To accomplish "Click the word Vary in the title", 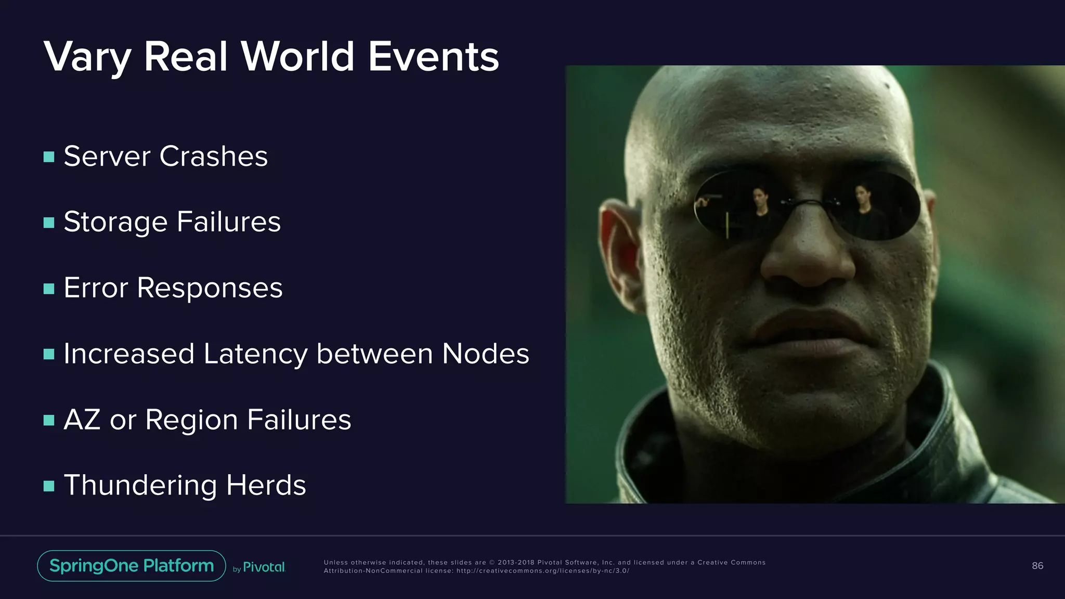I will tap(87, 57).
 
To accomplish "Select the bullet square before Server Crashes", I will tap(49, 157).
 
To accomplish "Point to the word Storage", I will tap(115, 223).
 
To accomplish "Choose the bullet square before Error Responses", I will tap(49, 289).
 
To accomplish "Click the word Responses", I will tap(210, 288).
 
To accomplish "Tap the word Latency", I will tap(255, 354).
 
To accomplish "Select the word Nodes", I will tap(485, 354).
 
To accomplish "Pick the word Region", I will tap(191, 420).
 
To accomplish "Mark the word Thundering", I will tap(140, 486).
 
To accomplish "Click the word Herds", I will tap(266, 485).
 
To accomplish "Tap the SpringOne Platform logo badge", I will tap(132, 566).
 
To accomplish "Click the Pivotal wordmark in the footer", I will tap(264, 567).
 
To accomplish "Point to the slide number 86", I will tap(1037, 566).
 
